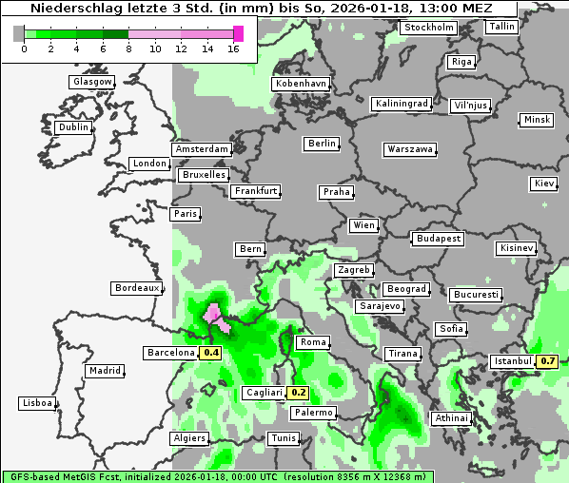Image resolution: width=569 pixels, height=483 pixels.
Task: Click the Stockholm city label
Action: [427, 28]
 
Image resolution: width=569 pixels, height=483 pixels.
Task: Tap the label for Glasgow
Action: [92, 82]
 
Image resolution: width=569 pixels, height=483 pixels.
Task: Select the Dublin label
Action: [72, 127]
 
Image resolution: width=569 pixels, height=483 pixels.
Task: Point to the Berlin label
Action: [322, 144]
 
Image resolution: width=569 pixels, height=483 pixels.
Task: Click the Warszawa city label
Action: [410, 149]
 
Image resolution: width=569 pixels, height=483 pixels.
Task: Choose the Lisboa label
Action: [36, 403]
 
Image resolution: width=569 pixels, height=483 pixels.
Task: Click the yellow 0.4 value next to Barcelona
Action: [211, 353]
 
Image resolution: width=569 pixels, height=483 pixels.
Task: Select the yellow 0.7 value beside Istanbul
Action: [547, 361]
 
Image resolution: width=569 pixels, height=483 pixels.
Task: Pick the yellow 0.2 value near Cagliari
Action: [299, 392]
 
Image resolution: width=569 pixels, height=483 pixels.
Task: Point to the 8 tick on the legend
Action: [129, 48]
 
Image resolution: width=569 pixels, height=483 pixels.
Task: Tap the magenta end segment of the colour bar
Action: [239, 33]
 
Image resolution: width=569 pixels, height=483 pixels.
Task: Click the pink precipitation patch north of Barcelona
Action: [216, 317]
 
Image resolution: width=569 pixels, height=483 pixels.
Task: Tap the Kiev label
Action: [544, 184]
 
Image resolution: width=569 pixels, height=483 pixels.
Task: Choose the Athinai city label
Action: [451, 418]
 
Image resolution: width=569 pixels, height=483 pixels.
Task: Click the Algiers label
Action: [188, 438]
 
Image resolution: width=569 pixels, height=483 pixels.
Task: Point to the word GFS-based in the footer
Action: [37, 476]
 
